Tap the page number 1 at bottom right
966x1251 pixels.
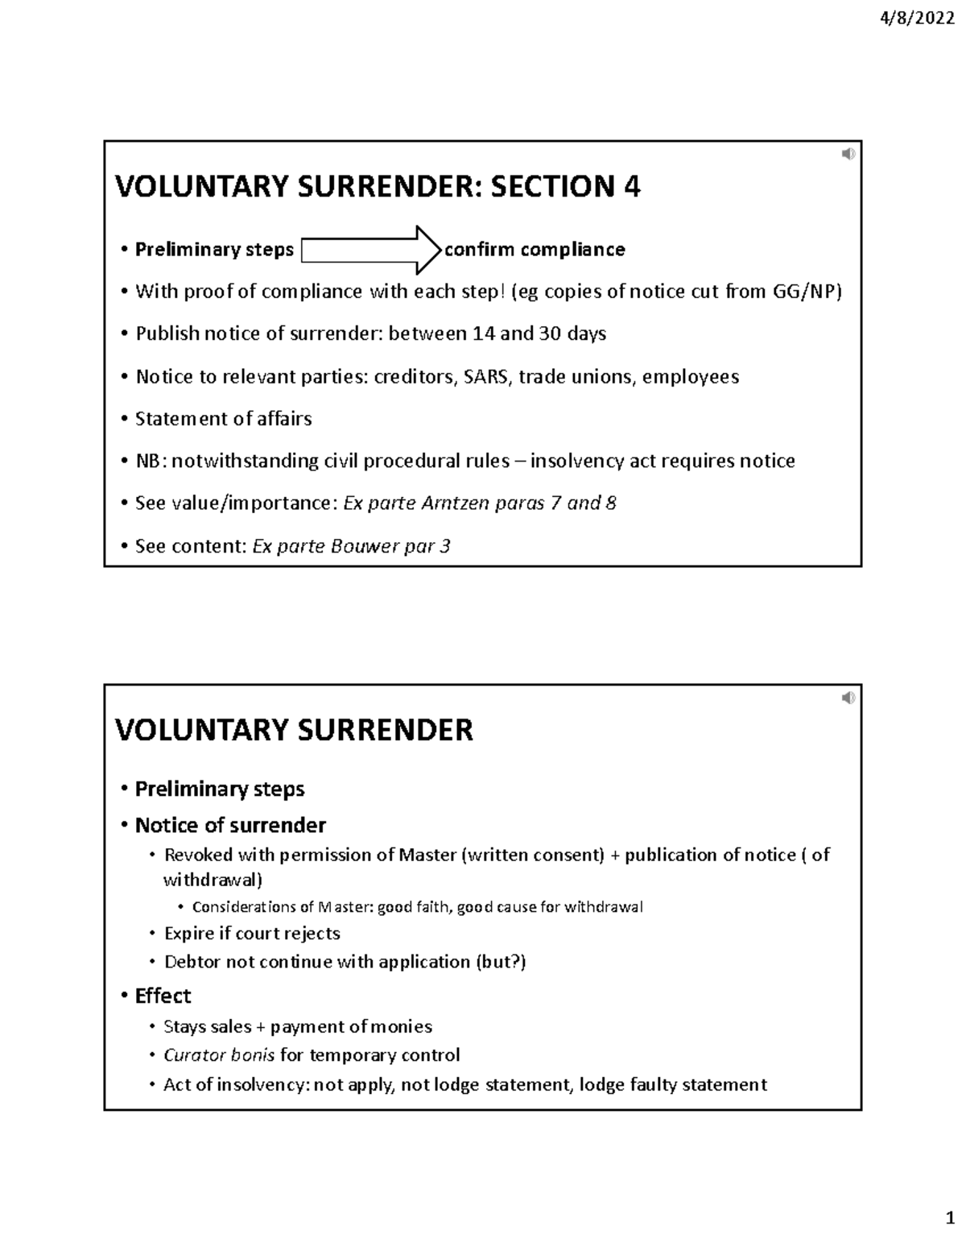[949, 1219]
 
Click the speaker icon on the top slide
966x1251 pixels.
[848, 154]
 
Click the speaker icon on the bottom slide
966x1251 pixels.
[848, 698]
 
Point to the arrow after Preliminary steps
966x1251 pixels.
[371, 250]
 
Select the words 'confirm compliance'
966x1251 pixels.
[535, 250]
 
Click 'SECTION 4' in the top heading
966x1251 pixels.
[566, 187]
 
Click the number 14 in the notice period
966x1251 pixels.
[483, 334]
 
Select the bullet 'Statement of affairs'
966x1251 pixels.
[223, 419]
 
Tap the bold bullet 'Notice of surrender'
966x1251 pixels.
[230, 825]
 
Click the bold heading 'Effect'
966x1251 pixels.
[163, 996]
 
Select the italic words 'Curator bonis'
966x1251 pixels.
[219, 1055]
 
